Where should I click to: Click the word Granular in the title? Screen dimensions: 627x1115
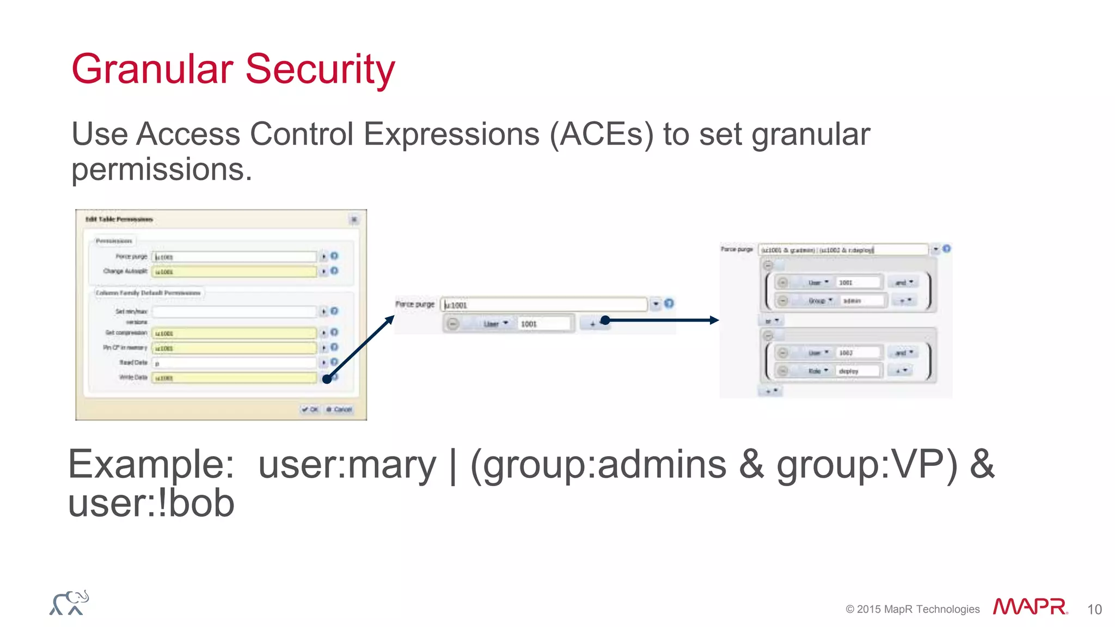pyautogui.click(x=152, y=70)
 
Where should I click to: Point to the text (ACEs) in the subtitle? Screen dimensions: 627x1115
pyautogui.click(x=601, y=134)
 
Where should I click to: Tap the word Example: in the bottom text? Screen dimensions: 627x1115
pyautogui.click(x=151, y=465)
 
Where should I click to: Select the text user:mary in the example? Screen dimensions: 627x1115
pyautogui.click(x=347, y=465)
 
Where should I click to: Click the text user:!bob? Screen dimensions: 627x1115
pyautogui.click(x=151, y=503)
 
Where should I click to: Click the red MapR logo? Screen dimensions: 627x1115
pyautogui.click(x=1030, y=606)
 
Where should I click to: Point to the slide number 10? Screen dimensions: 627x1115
pyautogui.click(x=1094, y=610)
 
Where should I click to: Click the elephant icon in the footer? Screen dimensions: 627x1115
pyautogui.click(x=69, y=603)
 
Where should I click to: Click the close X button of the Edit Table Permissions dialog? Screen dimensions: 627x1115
pyautogui.click(x=354, y=219)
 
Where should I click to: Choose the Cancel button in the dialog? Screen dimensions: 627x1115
pyautogui.click(x=340, y=409)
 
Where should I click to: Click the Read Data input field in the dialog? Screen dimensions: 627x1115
pyautogui.click(x=234, y=363)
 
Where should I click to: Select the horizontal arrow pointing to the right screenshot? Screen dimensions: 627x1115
pyautogui.click(x=661, y=320)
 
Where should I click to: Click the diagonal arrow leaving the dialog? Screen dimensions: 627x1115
pyautogui.click(x=359, y=348)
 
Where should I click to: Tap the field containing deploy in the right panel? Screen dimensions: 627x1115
pyautogui.click(x=857, y=371)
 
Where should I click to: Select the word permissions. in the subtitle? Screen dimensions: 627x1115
pyautogui.click(x=162, y=170)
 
